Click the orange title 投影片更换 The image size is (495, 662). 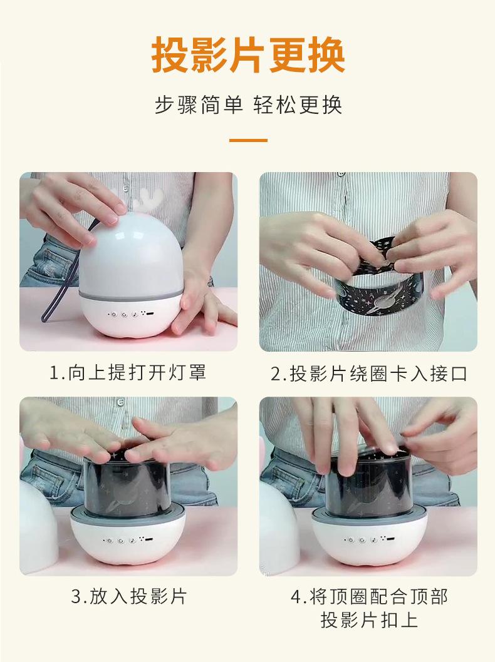coord(248,55)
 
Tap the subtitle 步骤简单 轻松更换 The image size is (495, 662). coord(248,104)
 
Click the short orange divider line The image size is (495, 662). coord(248,140)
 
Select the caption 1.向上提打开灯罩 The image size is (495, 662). coord(128,372)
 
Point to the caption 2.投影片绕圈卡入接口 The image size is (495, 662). coord(368,374)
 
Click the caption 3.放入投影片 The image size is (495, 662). coord(128,596)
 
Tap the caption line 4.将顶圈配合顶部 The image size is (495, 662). coord(368,596)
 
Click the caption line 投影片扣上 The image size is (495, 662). coord(368,620)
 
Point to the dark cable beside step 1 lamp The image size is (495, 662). coord(63,278)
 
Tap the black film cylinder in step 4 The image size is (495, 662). coord(368,486)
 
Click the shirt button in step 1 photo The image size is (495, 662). coord(125,188)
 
